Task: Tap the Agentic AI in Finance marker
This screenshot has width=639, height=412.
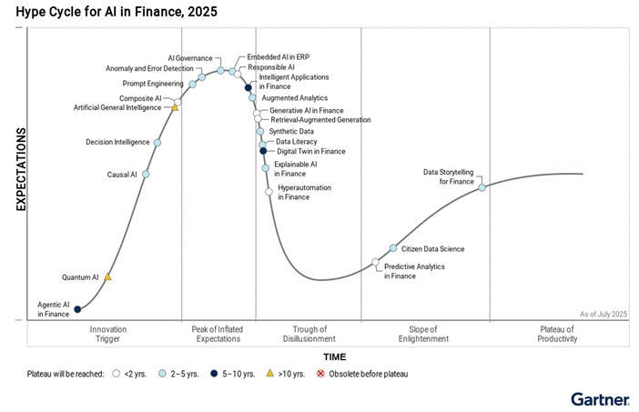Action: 77,310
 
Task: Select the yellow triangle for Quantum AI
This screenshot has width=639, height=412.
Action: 107,276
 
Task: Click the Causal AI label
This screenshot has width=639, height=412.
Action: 122,174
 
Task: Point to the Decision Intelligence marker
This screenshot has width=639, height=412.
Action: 157,143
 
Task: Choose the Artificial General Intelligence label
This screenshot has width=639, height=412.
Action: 118,107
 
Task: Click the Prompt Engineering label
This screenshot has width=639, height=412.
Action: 154,84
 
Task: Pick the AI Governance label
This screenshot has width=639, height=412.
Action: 190,57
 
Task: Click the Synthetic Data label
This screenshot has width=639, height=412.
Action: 291,131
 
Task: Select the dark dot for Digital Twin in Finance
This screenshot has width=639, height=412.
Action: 263,151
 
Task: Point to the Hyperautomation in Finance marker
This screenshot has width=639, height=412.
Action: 269,191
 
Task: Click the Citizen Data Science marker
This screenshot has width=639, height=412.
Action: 393,247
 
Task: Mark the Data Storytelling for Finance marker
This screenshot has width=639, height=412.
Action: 482,187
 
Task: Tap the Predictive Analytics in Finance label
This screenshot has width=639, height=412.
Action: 413,271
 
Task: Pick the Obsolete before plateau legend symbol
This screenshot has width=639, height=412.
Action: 319,373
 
